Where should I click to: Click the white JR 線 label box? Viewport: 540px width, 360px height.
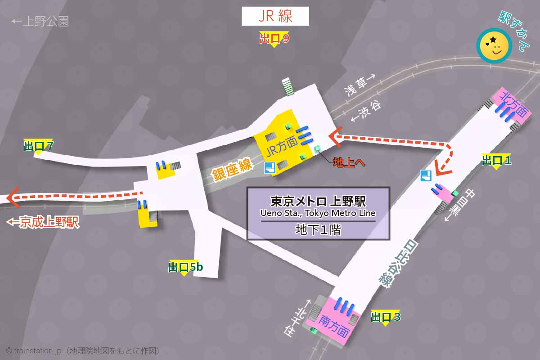tap(275, 17)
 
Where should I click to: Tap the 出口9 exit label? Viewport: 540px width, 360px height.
tap(274, 39)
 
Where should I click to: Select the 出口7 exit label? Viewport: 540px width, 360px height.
tap(38, 146)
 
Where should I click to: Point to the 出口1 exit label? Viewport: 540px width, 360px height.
tap(496, 160)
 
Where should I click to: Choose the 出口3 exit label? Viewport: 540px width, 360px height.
tap(385, 317)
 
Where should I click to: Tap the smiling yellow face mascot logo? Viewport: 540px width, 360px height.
tap(494, 45)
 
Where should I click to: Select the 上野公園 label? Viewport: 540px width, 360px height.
tap(40, 21)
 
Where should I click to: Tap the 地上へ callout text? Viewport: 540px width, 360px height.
tap(349, 162)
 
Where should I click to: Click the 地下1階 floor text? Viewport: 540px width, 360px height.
tap(318, 230)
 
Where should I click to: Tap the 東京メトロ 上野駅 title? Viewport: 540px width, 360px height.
tap(318, 200)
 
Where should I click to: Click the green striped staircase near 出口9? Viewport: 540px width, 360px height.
tap(288, 86)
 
